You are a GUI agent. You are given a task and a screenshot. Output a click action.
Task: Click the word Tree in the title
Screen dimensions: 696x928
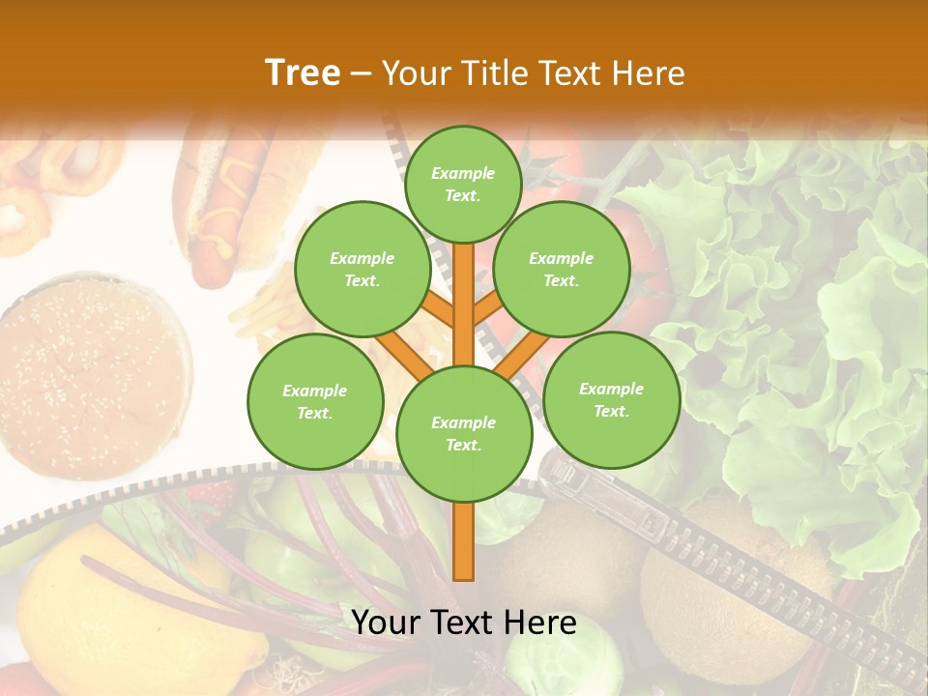pyautogui.click(x=303, y=72)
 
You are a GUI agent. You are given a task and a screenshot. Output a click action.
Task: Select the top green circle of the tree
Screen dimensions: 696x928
pyautogui.click(x=463, y=184)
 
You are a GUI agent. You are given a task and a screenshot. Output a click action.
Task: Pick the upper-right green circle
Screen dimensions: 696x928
pyautogui.click(x=561, y=269)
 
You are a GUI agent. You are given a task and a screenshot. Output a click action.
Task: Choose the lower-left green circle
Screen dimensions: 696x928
pyautogui.click(x=315, y=401)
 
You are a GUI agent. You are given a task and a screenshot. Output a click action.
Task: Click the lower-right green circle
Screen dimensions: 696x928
pyautogui.click(x=611, y=399)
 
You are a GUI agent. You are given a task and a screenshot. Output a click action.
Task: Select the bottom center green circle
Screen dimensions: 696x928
pyautogui.click(x=464, y=433)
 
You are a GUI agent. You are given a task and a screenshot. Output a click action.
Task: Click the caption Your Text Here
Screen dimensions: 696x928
pyautogui.click(x=464, y=623)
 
